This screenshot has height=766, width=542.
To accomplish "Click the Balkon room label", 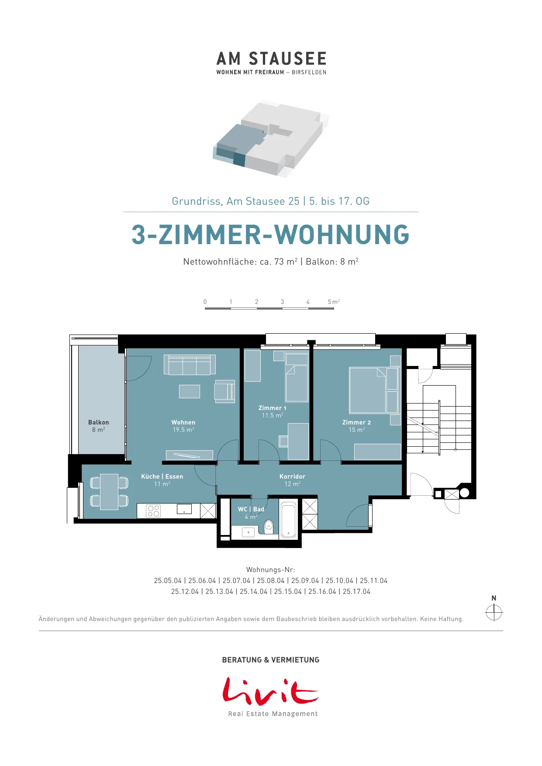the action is coord(99,422).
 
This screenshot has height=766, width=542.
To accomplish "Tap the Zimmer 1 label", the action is coord(273,408).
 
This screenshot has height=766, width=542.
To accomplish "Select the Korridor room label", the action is coord(292,476).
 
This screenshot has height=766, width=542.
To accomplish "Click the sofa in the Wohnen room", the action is coord(190,364).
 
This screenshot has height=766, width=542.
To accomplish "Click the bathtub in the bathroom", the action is coord(288,520).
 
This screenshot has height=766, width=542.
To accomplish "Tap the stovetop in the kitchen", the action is coord(153,511).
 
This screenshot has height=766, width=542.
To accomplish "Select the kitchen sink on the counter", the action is coord(184,509).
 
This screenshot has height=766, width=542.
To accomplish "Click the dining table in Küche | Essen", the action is coord(109,492).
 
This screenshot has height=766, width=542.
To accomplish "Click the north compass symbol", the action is coord(494,612).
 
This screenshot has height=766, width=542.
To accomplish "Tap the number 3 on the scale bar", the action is coord(282,302).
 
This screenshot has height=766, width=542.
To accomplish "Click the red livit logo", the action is coord(270,691).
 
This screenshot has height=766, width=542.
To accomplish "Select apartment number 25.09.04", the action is coord(305,580).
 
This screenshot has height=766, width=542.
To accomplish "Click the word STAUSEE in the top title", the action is coord(288,59).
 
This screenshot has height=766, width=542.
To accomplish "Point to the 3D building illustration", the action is coord(271,139).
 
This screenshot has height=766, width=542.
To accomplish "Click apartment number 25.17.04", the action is coord(356,591).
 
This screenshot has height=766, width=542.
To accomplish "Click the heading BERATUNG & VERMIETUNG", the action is coord(271,660).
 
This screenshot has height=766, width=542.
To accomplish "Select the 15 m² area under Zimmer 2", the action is coord(357,430).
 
